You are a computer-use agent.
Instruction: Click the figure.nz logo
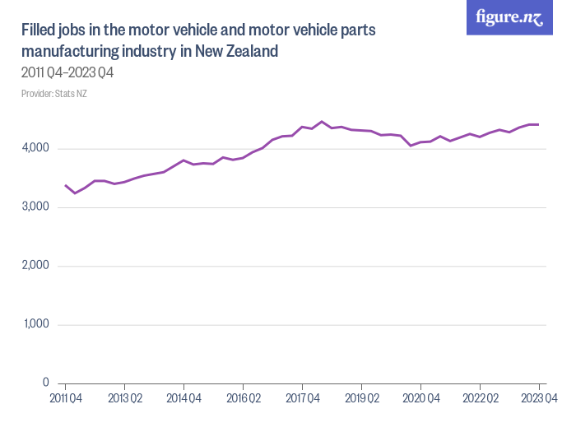pyautogui.click(x=509, y=17)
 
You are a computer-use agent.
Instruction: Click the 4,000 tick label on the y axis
pyautogui.click(x=36, y=149)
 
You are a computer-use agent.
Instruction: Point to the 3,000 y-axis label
pyautogui.click(x=36, y=207)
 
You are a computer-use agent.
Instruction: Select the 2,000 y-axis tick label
pyautogui.click(x=36, y=266)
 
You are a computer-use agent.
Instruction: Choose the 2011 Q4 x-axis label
pyautogui.click(x=64, y=399)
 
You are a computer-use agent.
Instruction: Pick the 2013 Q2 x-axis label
pyautogui.click(x=123, y=399)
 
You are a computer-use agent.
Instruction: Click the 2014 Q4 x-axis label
pyautogui.click(x=183, y=399)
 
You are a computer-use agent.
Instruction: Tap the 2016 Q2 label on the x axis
pyautogui.click(x=243, y=399)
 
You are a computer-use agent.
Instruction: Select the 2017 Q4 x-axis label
pyautogui.click(x=302, y=399)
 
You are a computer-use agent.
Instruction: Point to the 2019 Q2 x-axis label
pyautogui.click(x=361, y=399)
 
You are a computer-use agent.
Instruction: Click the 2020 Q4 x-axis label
pyautogui.click(x=420, y=399)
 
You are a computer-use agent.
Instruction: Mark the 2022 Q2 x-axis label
pyautogui.click(x=480, y=399)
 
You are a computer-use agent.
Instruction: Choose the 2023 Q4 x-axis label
pyautogui.click(x=539, y=399)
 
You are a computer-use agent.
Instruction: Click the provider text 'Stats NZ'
pyautogui.click(x=71, y=93)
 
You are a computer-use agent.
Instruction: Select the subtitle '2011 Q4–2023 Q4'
pyautogui.click(x=67, y=72)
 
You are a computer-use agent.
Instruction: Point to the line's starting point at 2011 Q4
pyautogui.click(x=65, y=185)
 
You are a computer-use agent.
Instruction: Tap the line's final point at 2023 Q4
pyautogui.click(x=538, y=124)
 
